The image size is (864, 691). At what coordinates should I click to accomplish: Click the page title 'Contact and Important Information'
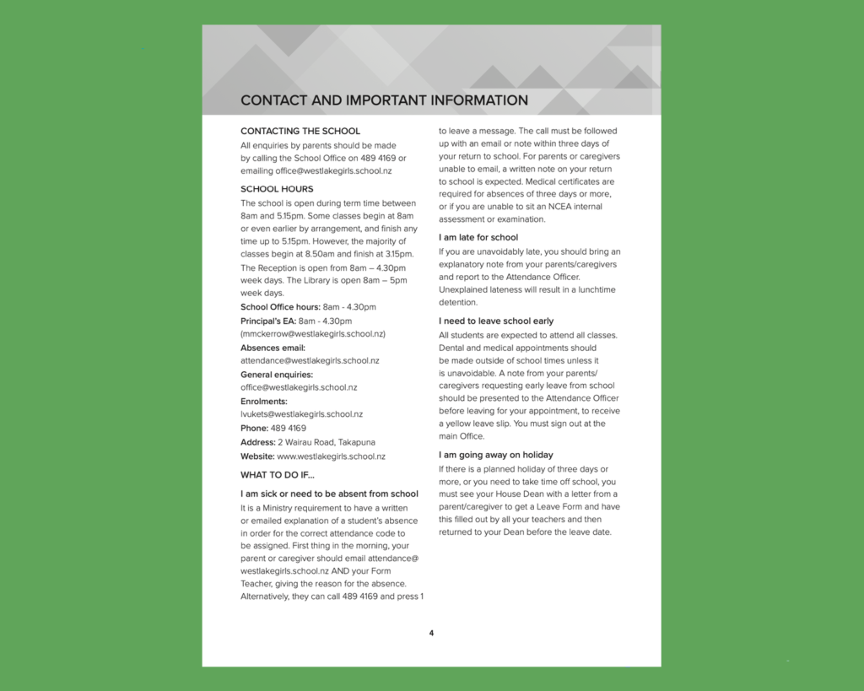384,100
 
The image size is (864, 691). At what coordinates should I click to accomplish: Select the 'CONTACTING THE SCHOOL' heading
300,131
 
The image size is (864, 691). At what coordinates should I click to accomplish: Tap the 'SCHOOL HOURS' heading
277,189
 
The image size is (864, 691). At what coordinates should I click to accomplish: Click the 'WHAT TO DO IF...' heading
277,475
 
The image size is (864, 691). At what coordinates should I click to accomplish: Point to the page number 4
431,633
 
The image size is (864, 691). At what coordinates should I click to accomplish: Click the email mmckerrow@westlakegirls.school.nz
313,333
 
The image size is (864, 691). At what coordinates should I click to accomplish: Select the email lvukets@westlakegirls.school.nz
301,414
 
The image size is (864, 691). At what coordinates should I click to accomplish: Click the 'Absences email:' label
273,348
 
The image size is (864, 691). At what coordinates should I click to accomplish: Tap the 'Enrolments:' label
264,402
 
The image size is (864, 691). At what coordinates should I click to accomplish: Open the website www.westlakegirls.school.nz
331,456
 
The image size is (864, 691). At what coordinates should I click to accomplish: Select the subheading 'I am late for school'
478,237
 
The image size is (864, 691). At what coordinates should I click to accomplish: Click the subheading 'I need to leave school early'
496,321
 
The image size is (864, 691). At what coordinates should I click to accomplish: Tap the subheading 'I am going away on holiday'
496,455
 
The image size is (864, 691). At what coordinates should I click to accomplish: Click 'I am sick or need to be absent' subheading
329,494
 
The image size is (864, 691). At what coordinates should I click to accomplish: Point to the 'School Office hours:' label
280,307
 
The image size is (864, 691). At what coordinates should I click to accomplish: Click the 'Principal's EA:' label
268,321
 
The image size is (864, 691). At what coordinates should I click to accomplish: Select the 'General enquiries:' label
277,375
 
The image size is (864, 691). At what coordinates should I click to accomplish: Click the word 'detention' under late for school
458,302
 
